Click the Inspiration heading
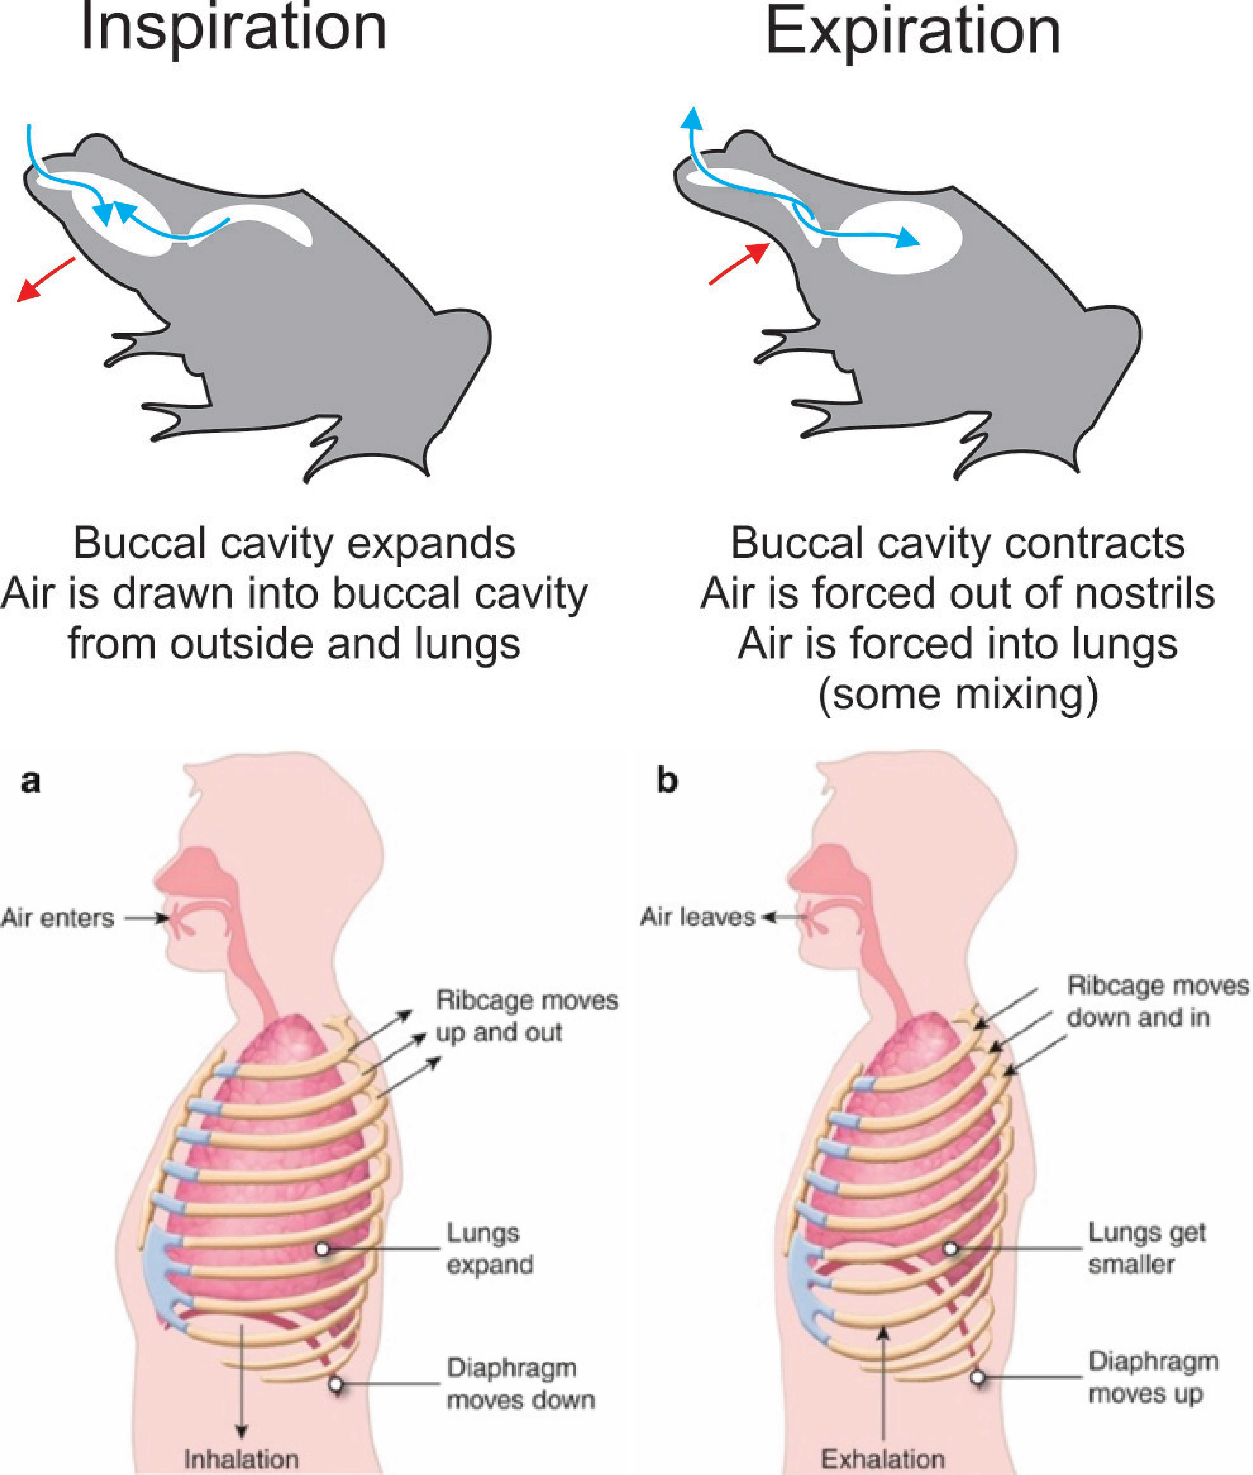234,28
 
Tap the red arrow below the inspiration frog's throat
46,279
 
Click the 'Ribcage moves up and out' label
527,1016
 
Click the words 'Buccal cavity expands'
294,543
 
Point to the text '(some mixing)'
958,694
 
